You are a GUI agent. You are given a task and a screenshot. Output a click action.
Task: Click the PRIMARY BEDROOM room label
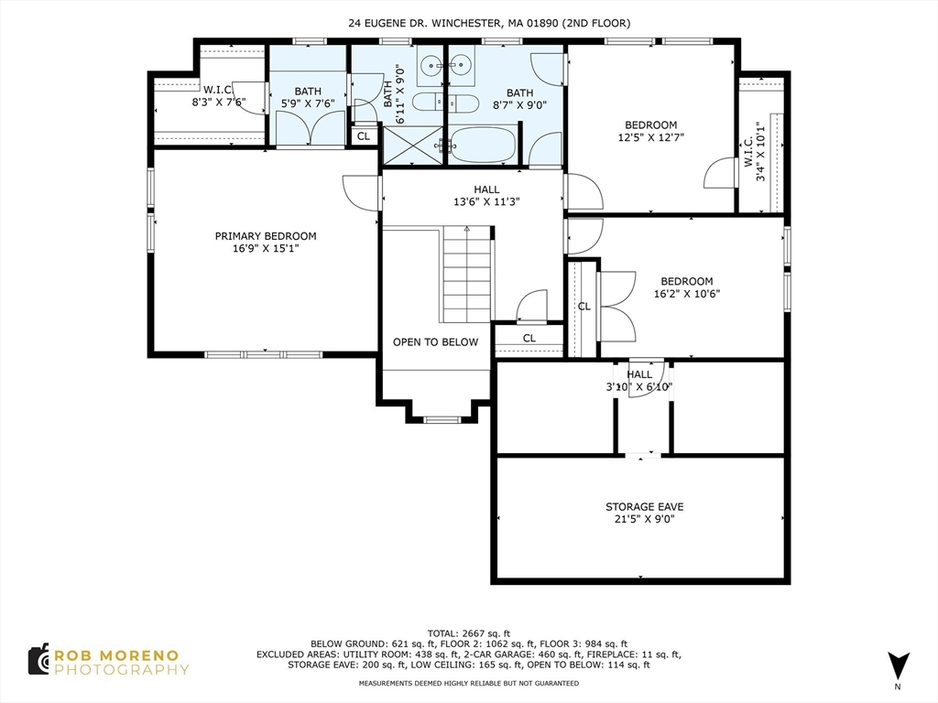266,242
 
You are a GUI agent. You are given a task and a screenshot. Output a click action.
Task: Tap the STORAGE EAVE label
644,513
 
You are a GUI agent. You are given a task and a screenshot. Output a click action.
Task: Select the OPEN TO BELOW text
435,342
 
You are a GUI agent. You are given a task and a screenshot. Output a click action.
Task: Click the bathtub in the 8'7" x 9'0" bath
483,145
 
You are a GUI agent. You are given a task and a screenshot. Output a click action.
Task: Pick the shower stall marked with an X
412,145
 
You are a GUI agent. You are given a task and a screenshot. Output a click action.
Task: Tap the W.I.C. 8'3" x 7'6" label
218,96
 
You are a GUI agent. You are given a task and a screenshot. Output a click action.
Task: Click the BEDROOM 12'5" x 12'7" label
650,131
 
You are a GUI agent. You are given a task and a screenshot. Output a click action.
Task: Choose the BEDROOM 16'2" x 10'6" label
687,287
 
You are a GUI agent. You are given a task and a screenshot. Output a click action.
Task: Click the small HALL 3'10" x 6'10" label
639,381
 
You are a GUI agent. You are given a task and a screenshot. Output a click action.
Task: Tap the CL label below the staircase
529,339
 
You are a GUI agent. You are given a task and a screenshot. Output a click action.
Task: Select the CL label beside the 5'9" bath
364,136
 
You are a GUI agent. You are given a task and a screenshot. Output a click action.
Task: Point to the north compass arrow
898,665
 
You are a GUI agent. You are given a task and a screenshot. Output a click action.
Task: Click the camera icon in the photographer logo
38,660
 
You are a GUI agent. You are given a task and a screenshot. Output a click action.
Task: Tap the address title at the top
489,23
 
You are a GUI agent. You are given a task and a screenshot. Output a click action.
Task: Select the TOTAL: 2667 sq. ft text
469,633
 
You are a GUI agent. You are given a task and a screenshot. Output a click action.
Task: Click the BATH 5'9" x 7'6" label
307,97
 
